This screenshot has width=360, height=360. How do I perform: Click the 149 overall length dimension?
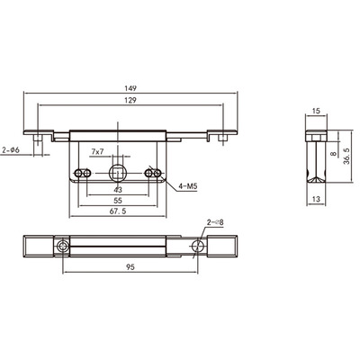point(130,88)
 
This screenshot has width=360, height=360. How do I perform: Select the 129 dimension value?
point(130,100)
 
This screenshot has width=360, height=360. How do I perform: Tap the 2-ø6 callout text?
point(11,149)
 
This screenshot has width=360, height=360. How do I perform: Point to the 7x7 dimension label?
point(97,152)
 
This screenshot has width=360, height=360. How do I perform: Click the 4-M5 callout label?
point(187,186)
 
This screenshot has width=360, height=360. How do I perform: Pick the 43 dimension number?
point(118,190)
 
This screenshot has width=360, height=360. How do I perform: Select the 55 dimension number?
point(118,201)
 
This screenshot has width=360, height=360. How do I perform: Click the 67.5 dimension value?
point(118,211)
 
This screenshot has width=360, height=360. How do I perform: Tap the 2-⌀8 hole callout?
point(215,222)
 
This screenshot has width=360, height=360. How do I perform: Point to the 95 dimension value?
point(130,267)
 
